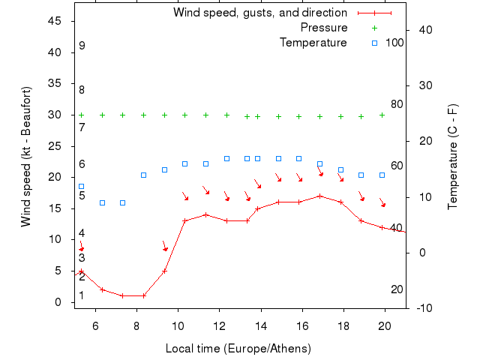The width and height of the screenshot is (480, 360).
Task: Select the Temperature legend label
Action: point(313,43)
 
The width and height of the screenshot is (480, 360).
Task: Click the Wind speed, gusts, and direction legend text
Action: point(259,13)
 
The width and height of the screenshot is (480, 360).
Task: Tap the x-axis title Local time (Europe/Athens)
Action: point(238,349)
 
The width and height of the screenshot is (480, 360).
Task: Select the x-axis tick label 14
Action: point(261,325)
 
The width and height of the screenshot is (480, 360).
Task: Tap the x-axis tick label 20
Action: point(385,325)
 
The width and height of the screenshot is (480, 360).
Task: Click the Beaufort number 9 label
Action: point(82,46)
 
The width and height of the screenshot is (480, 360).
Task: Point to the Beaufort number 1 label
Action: point(82,295)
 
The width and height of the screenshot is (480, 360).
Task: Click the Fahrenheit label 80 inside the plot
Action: point(397,104)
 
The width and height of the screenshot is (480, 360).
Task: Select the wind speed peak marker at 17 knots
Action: point(319,196)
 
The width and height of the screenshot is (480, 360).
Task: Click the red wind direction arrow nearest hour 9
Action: point(164,246)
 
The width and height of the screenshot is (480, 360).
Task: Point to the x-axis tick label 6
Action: point(95,325)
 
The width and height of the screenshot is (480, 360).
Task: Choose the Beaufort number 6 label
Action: point(82,163)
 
